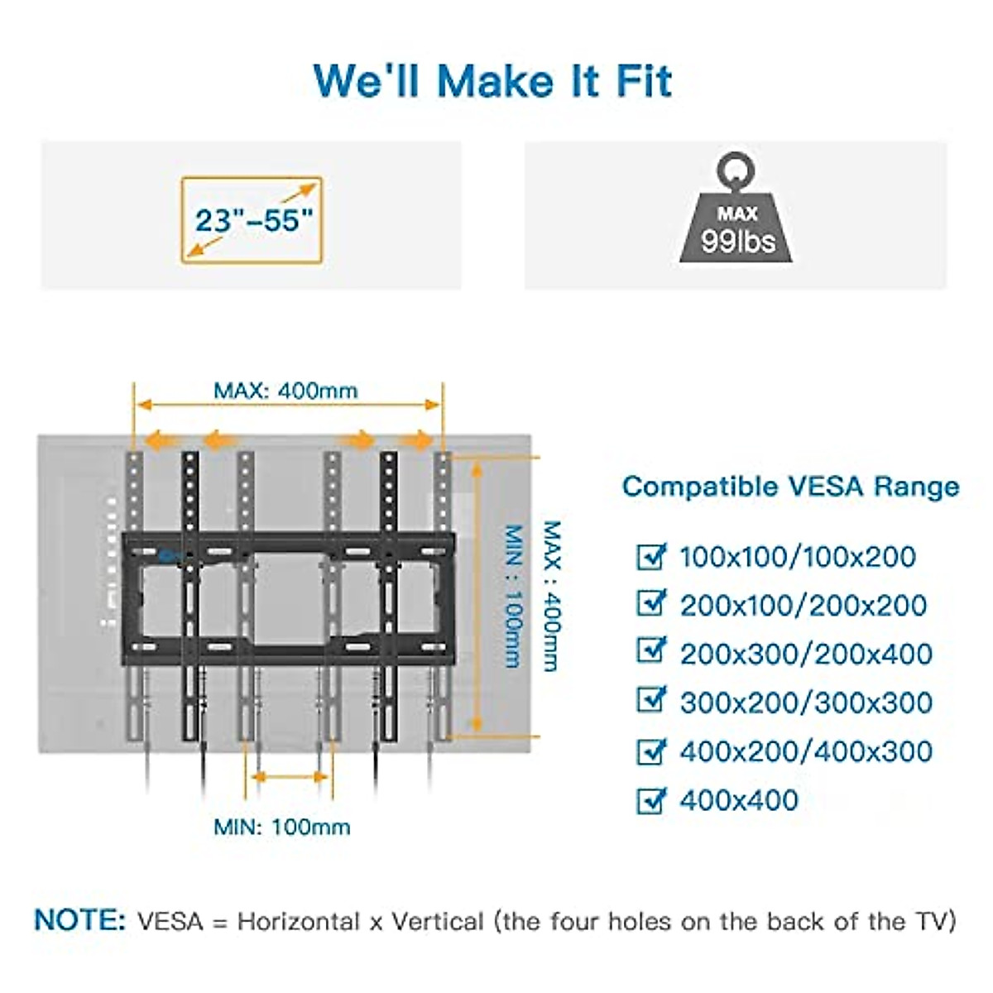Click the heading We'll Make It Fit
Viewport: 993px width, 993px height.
493,80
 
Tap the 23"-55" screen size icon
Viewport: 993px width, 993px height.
252,219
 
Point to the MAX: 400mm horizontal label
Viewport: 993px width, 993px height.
285,390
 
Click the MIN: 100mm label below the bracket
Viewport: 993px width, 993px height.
281,826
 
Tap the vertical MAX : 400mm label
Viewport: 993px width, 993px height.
552,596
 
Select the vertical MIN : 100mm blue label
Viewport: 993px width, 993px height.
514,596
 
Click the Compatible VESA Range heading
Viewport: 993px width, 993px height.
790,486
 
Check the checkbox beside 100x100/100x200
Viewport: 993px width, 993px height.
651,556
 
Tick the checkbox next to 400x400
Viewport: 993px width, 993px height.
651,800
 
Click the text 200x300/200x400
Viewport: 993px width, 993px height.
806,654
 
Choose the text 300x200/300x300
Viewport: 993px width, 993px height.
806,703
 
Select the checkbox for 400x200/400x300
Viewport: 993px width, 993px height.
651,751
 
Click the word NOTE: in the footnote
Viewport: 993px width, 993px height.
80,920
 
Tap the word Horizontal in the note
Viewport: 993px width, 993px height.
299,921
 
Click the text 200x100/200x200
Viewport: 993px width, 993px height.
803,605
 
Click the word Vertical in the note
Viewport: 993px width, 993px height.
438,921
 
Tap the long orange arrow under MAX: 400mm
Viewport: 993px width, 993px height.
288,405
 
